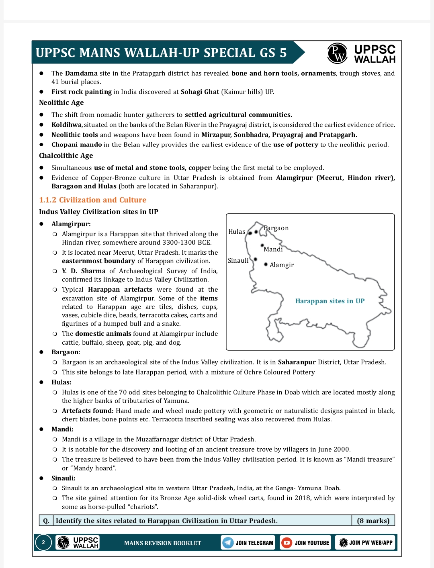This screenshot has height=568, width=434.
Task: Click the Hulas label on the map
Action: [x=237, y=232]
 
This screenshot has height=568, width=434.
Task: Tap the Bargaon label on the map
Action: [x=276, y=228]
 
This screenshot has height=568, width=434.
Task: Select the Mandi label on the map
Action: [x=273, y=249]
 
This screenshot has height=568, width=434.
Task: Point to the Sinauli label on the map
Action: [x=238, y=261]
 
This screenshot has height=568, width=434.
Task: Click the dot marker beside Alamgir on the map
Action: [x=266, y=264]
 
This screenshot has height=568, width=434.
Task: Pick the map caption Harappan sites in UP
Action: [x=330, y=301]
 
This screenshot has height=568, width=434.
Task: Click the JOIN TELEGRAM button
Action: [x=248, y=543]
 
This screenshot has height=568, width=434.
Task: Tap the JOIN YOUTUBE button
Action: [x=305, y=543]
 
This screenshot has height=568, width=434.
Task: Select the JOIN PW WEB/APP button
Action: [x=365, y=543]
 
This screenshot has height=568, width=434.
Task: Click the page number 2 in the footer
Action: [x=43, y=543]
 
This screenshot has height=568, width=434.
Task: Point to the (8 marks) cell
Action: [x=373, y=521]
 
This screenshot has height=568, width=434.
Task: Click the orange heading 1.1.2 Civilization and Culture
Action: [x=92, y=200]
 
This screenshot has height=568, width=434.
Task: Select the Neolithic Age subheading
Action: [x=61, y=103]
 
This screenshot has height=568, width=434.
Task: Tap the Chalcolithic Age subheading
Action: [x=66, y=156]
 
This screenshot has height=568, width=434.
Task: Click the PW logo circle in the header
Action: [x=337, y=53]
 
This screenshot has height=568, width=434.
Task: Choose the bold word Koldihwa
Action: [x=66, y=125]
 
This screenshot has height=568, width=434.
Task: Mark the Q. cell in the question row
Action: [x=46, y=521]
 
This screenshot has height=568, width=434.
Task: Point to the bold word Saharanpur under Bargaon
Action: [x=297, y=362]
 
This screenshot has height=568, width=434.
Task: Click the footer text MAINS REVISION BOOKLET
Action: [x=162, y=543]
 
